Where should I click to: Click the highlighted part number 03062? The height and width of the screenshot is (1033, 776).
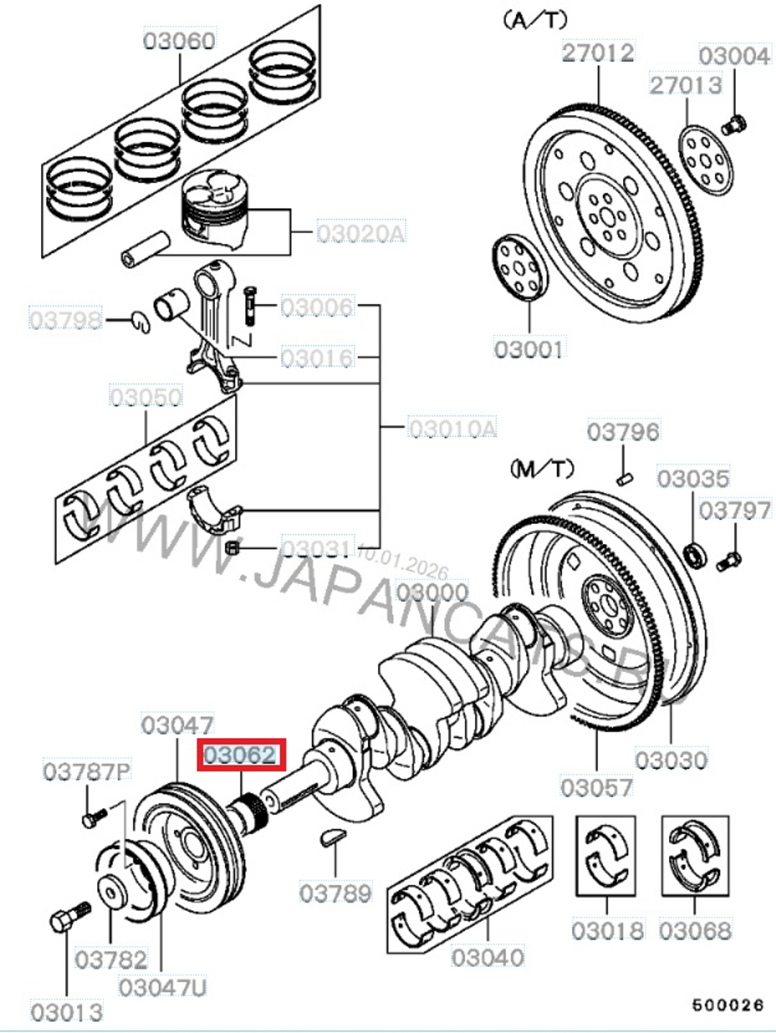tap(241, 755)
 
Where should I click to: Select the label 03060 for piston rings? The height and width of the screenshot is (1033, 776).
tap(179, 40)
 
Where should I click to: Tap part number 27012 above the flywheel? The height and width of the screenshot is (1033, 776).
tap(598, 53)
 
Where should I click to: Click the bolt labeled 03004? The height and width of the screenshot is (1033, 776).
tap(733, 124)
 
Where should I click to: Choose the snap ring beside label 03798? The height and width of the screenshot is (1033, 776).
tap(140, 320)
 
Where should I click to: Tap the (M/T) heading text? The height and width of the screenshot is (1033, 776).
tap(542, 468)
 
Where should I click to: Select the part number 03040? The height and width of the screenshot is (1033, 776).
tap(487, 958)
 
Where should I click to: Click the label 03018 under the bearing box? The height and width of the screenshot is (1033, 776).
tap(607, 930)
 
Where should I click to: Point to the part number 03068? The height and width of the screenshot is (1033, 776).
tap(695, 930)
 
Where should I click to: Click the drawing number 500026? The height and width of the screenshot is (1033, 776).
tap(729, 1005)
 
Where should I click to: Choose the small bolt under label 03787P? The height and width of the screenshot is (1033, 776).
tap(91, 817)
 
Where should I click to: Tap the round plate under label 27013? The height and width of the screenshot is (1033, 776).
tap(705, 159)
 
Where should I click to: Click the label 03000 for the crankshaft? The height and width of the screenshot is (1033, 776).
tap(432, 594)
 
